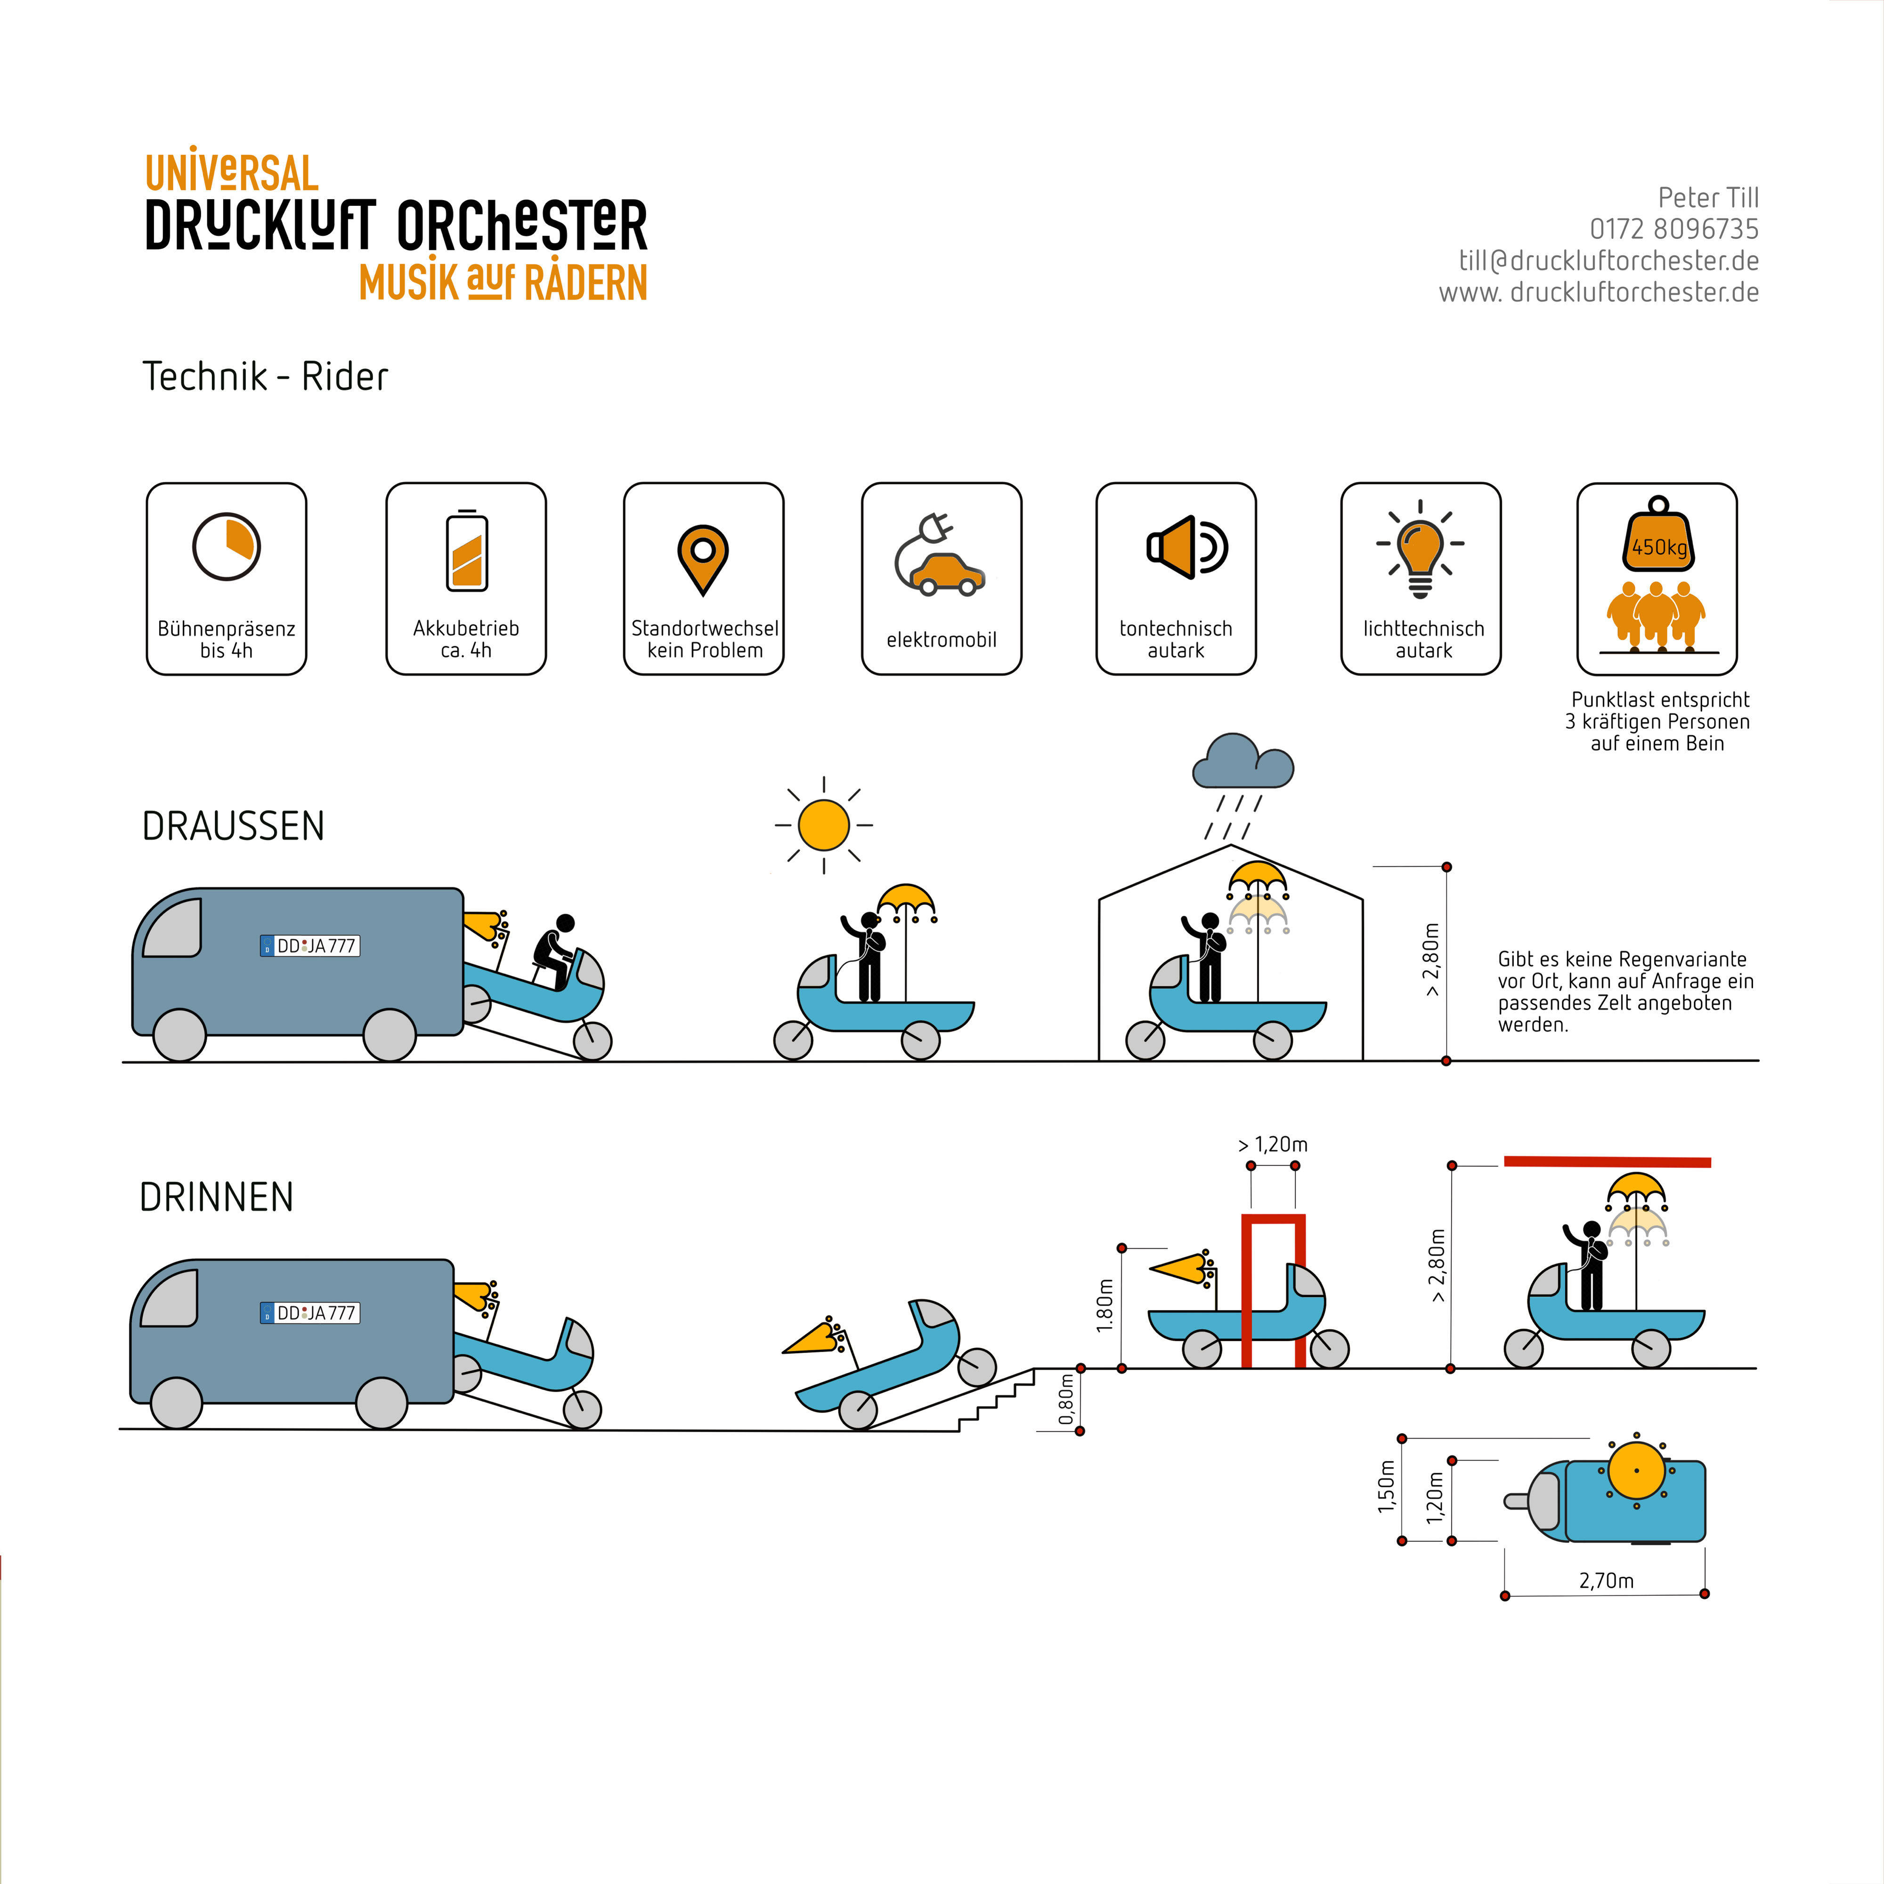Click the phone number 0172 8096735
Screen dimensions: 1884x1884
[x=1673, y=229]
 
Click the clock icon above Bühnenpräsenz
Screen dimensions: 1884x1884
[x=226, y=547]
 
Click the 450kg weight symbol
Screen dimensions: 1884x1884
[x=1658, y=539]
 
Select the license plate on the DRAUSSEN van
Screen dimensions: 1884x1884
[x=310, y=946]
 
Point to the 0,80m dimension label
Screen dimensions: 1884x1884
[x=1067, y=1399]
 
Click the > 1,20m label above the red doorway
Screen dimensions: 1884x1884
[x=1273, y=1144]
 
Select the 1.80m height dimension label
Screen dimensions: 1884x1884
[x=1105, y=1306]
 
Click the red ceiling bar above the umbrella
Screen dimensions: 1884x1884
[x=1607, y=1161]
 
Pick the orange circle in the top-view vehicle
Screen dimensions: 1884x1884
[x=1636, y=1470]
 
